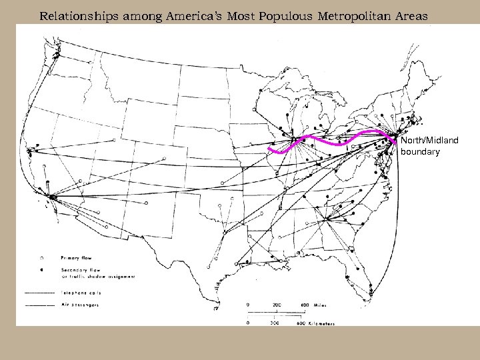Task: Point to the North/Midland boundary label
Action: (x=421, y=146)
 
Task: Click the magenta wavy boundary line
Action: (x=333, y=141)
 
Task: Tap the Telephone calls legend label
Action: (x=85, y=292)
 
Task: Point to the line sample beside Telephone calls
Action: (x=39, y=292)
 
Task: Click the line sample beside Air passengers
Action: (x=39, y=305)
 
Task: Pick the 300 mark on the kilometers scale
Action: (x=275, y=323)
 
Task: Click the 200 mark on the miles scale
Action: (x=277, y=305)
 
